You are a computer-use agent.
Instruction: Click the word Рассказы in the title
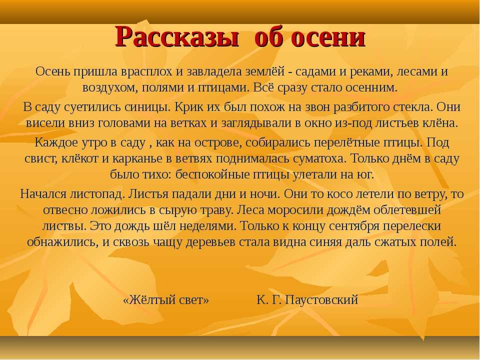pyautogui.click(x=176, y=37)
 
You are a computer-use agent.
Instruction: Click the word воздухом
pyautogui.click(x=107, y=88)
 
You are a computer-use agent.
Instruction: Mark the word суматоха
pyautogui.click(x=319, y=159)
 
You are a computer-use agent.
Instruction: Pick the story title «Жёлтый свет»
pyautogui.click(x=166, y=299)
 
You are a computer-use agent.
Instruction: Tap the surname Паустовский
pyautogui.click(x=321, y=299)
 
